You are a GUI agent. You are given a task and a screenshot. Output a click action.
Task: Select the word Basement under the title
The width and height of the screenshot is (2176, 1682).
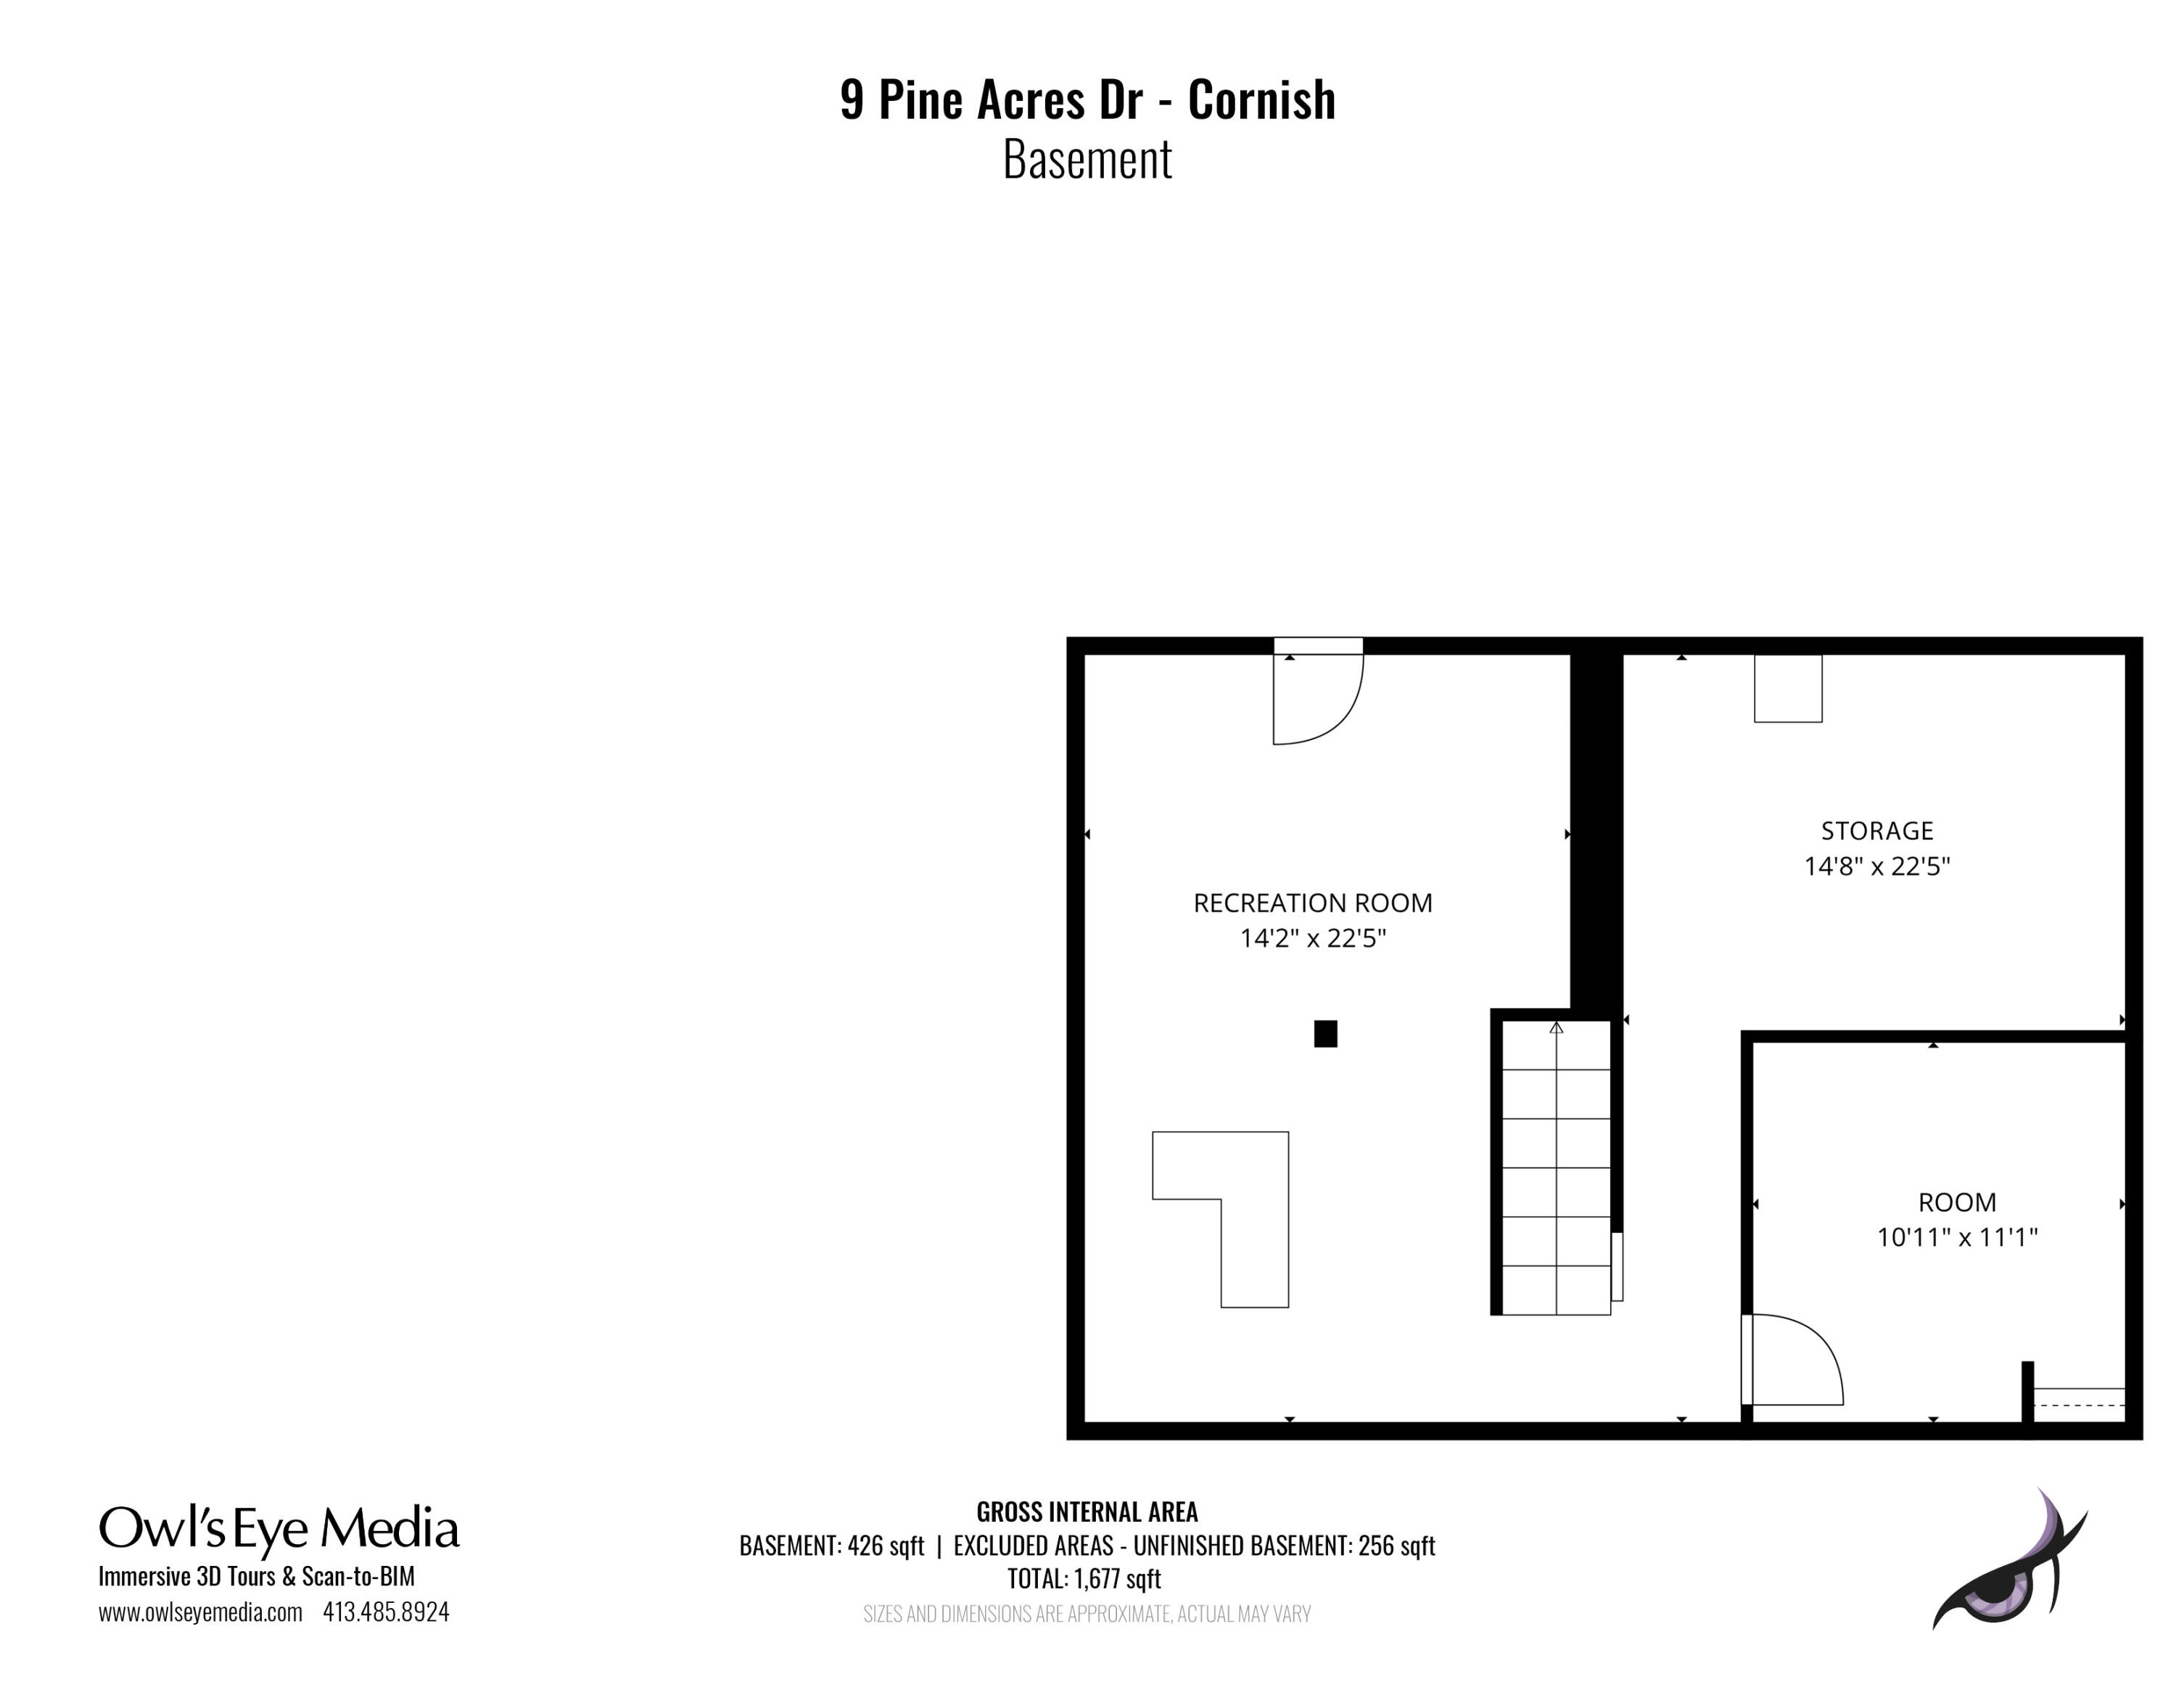[x=1087, y=160]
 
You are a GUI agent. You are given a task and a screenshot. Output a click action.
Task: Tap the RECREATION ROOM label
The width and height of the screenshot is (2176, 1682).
[x=1312, y=903]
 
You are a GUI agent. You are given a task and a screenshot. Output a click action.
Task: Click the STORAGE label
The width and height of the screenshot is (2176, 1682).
[x=1877, y=831]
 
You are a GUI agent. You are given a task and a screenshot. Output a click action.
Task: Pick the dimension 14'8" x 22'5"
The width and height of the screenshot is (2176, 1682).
[x=1877, y=866]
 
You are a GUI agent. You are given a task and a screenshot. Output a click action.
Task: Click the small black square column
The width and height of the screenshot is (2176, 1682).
[x=1325, y=1034]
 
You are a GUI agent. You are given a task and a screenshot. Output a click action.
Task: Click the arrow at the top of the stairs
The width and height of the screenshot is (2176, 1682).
[x=1557, y=1026]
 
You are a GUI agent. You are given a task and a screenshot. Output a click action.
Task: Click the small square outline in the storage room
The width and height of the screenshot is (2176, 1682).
[x=1789, y=689]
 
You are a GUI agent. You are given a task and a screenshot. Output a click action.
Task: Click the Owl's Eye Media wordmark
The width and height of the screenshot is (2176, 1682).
[x=279, y=1530]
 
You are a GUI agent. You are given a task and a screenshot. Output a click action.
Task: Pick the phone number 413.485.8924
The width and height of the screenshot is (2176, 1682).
[x=386, y=1612]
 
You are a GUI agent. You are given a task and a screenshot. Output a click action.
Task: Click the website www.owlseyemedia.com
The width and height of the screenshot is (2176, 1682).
[x=200, y=1612]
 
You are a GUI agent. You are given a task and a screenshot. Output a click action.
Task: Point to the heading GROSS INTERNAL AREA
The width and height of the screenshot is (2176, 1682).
[x=1087, y=1511]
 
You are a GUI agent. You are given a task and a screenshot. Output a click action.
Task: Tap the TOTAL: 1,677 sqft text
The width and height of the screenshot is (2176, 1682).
[x=1084, y=1578]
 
